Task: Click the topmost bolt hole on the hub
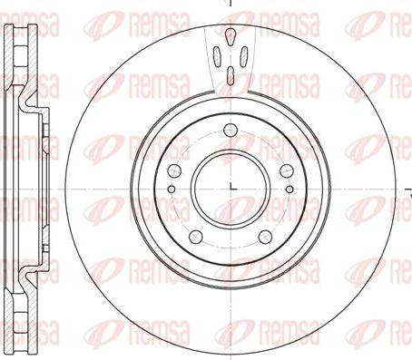(x=231, y=131)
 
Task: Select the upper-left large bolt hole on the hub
(x=174, y=170)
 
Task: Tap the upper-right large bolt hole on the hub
(x=287, y=170)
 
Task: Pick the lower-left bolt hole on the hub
(x=195, y=237)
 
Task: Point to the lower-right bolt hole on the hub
(x=265, y=237)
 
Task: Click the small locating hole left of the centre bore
(x=172, y=190)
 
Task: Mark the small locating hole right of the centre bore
(x=289, y=190)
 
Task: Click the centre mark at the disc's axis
(x=232, y=187)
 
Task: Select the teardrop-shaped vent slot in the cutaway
(x=231, y=36)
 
